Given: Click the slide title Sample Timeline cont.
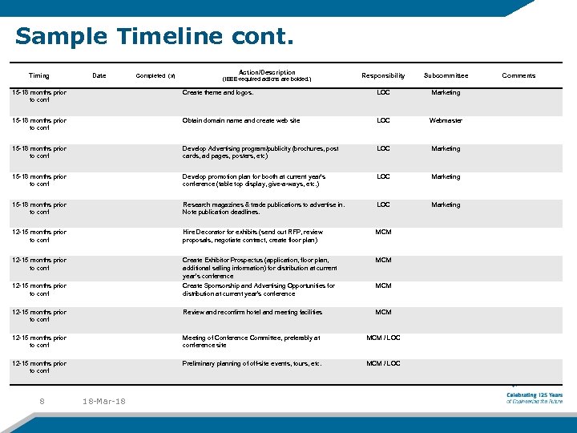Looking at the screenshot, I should pos(155,36).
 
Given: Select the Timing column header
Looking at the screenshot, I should pos(38,75).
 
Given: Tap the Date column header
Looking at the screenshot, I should pos(99,75).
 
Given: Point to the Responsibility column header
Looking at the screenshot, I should pos(383,75).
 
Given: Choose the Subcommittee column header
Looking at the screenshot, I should pos(446,75).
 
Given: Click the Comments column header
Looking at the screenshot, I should pos(518,75).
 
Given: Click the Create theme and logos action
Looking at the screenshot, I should pos(218,92).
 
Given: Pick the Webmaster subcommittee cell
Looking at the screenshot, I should pos(446,120).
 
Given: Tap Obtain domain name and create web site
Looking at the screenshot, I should pos(241,120).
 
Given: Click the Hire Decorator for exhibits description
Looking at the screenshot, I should pos(252,236).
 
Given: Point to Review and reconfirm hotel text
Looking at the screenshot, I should pos(252,312).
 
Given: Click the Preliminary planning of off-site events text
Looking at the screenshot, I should pos(252,363).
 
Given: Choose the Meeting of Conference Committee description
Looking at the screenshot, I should pos(251,342).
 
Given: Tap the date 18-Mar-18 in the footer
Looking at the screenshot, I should pos(103,401).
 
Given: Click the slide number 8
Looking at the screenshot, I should pos(41,401).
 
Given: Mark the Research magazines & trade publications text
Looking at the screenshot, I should pos(263,208).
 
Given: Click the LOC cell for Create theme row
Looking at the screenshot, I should pos(383,92).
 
